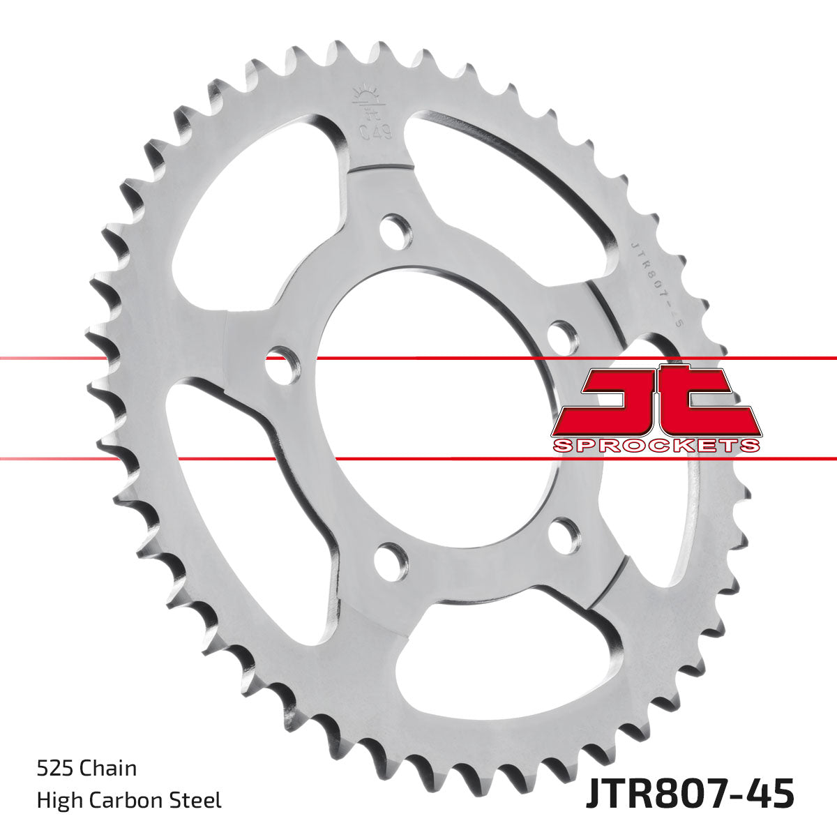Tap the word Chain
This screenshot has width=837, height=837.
[x=109, y=769]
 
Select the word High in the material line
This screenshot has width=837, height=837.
[x=57, y=800]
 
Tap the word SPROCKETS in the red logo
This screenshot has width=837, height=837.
[x=656, y=446]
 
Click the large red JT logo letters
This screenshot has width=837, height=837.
[x=656, y=401]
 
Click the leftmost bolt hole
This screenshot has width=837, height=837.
[x=282, y=363]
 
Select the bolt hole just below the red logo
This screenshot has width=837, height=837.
[x=564, y=536]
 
